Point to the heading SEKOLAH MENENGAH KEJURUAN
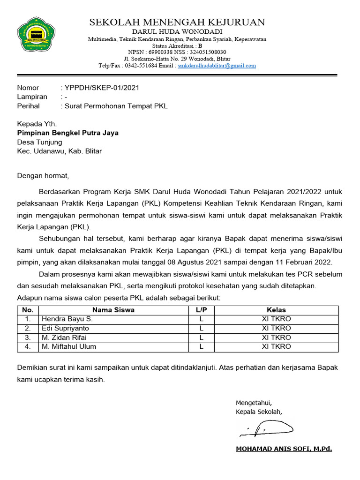(177, 22)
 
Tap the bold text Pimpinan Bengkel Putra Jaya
(68, 133)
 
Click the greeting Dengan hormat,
(43, 176)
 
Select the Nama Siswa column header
(113, 310)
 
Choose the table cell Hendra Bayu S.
(67, 319)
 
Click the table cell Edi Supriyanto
(65, 328)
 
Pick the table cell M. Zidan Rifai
(64, 337)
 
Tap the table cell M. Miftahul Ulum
(69, 347)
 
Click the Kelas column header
(276, 310)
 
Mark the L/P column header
(201, 310)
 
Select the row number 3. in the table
(28, 337)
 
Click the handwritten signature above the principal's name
(265, 427)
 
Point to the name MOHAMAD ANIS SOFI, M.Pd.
(284, 449)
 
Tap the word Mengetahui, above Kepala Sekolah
(254, 403)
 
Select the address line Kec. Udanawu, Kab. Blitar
(60, 151)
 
